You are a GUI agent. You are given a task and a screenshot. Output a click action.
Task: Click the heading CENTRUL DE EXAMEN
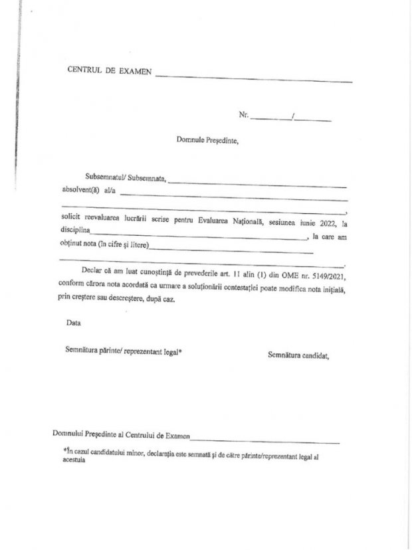point(109,71)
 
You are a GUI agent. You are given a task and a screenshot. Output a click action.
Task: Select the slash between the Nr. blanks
point(293,118)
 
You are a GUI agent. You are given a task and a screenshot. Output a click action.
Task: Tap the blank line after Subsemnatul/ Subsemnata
point(259,185)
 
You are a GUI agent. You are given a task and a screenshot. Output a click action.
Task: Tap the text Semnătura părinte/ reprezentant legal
point(123,349)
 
